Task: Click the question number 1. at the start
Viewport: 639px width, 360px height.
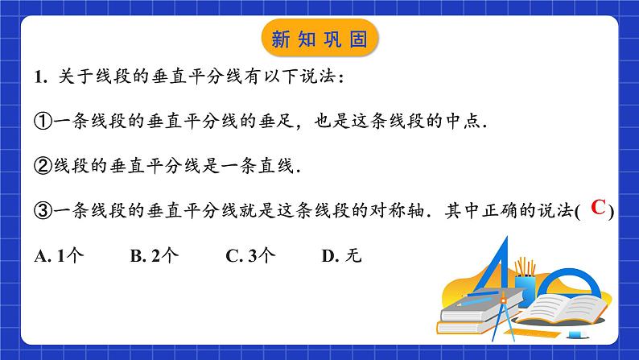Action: click(43, 77)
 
